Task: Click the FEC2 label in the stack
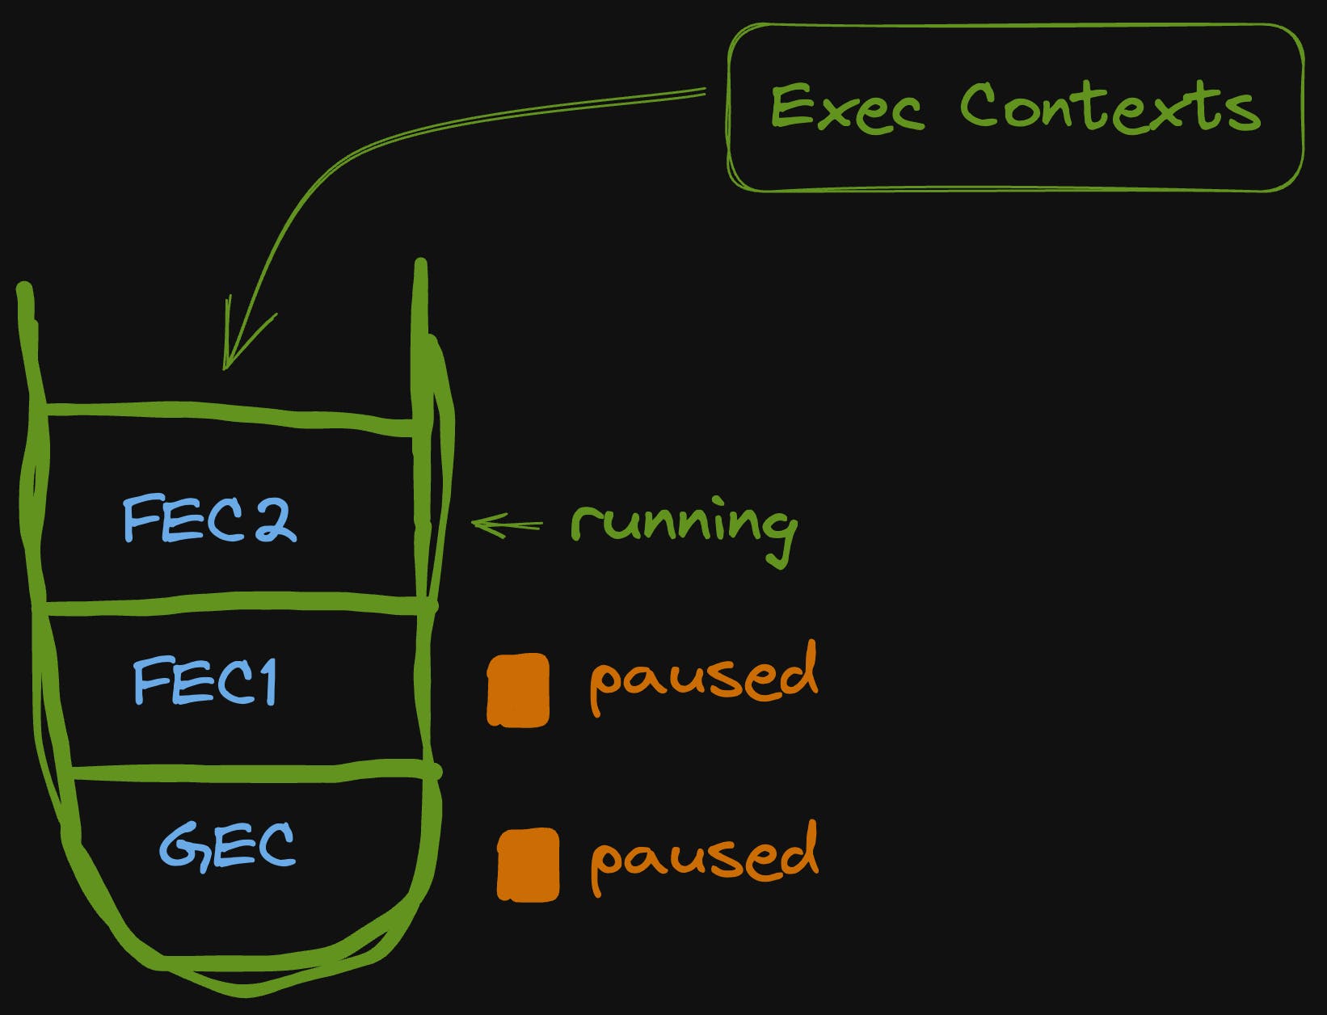(x=209, y=520)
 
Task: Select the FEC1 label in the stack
(x=205, y=681)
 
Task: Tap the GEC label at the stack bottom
(x=227, y=845)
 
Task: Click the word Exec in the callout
(x=846, y=107)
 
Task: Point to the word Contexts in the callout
(x=1110, y=107)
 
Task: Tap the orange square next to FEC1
(x=518, y=690)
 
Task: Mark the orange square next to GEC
(x=528, y=864)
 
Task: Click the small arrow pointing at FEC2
(x=505, y=525)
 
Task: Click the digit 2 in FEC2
(x=275, y=520)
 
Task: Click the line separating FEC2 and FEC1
(x=234, y=601)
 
